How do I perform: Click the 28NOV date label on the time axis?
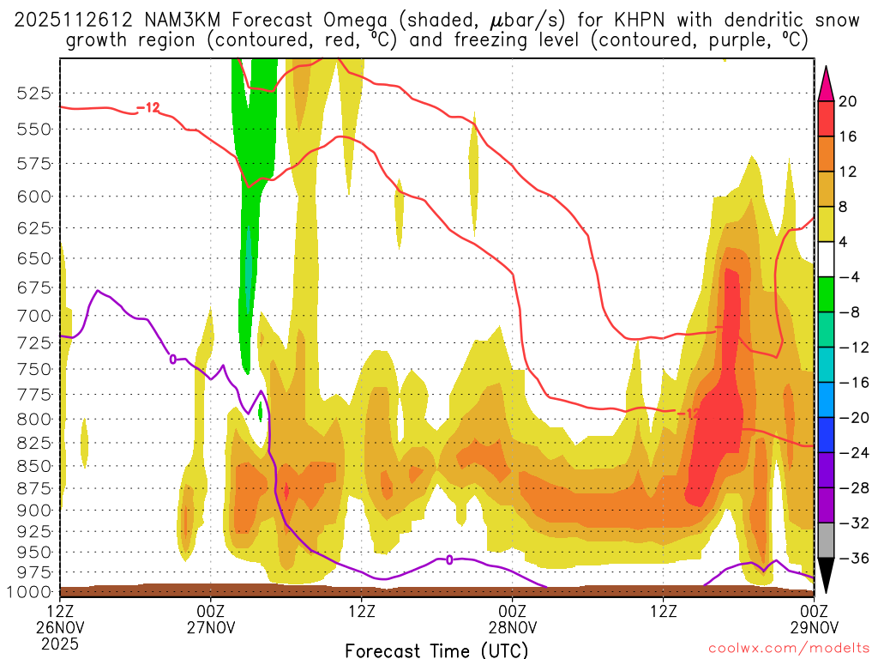coord(513,627)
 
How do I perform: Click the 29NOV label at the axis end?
coord(813,627)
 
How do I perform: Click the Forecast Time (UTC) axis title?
coord(436,650)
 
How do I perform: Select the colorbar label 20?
coord(848,101)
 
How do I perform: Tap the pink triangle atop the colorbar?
coord(826,83)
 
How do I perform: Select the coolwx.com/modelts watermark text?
coord(789,649)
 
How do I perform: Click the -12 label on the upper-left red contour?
coord(148,108)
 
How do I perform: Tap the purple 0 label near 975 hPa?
coord(449,559)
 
